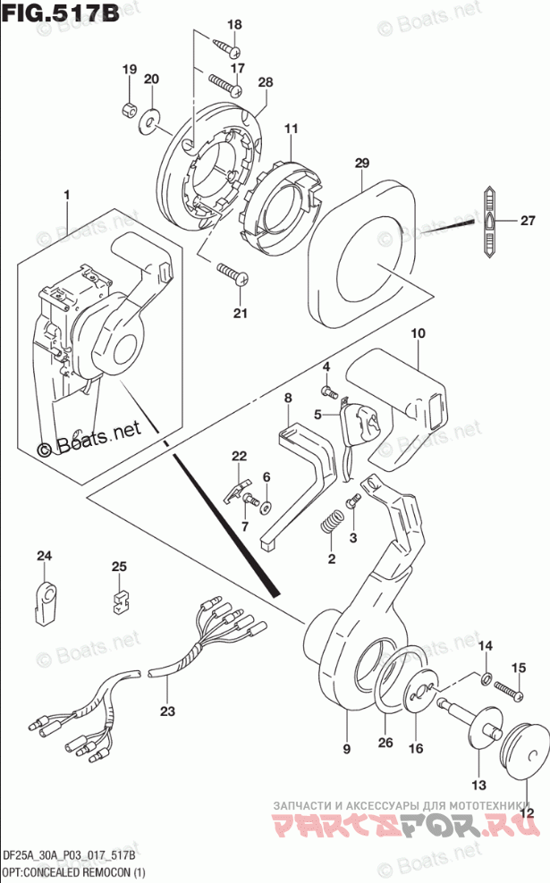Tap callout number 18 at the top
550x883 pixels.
pyautogui.click(x=233, y=25)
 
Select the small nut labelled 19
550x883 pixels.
pyautogui.click(x=129, y=110)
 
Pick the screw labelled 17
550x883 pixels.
pyautogui.click(x=226, y=84)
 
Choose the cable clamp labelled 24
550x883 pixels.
pyautogui.click(x=45, y=601)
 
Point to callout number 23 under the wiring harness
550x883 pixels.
pyautogui.click(x=167, y=711)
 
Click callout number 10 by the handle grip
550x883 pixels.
pyautogui.click(x=417, y=334)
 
